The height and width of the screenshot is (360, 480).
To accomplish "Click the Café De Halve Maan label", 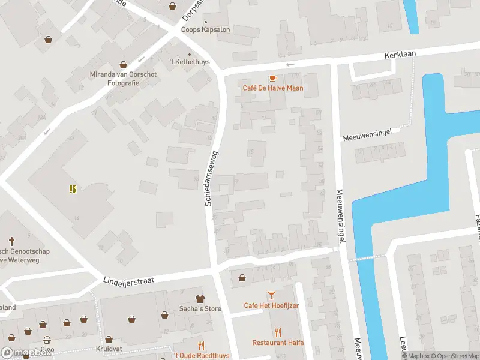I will [x=272, y=88].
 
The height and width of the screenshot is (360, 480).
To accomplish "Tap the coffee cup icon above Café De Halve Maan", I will [x=273, y=78].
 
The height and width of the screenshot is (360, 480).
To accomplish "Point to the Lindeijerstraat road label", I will [x=130, y=280].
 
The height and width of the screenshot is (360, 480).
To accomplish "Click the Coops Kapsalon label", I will [x=206, y=29].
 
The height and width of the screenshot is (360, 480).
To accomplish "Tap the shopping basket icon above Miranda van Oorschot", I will [x=123, y=64].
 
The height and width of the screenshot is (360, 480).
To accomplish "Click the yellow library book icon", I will [x=73, y=190].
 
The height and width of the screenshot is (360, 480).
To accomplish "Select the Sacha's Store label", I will [x=200, y=309].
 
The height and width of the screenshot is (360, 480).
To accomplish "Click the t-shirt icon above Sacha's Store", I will [x=200, y=298].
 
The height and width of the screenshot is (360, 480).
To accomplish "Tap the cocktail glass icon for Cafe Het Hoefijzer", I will [x=271, y=295].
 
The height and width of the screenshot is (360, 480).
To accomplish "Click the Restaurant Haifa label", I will [x=277, y=343].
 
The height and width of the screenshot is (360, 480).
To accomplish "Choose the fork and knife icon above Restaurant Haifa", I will [x=277, y=332].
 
